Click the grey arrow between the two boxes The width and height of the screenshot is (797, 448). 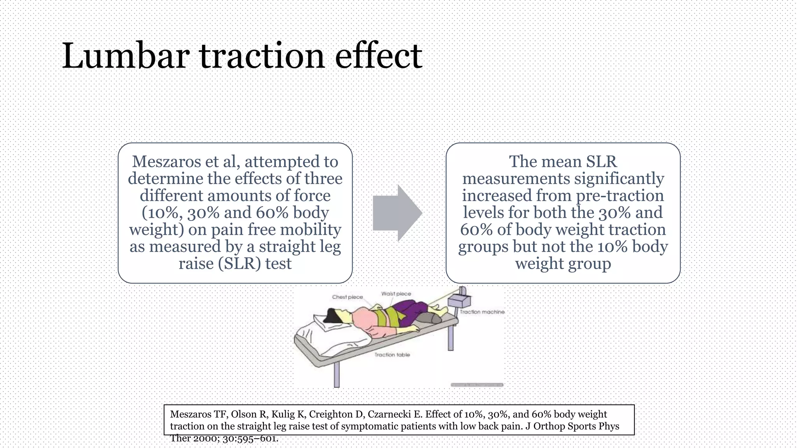coord(397,213)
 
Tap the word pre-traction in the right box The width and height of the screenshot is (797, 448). coord(620,196)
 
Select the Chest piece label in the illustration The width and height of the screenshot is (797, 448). coord(347,297)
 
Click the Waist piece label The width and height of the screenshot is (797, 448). coord(396,294)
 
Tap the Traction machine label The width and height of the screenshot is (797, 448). coord(482,312)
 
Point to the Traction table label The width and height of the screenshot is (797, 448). coord(392,355)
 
